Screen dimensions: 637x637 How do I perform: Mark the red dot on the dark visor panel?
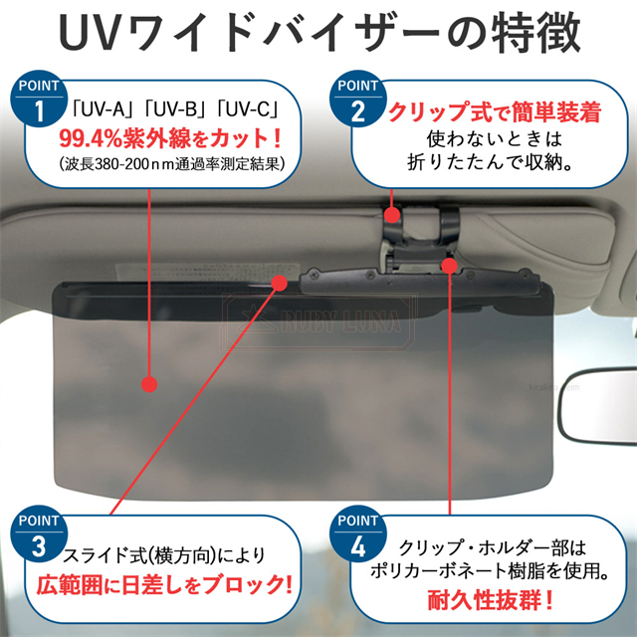(x=149, y=382)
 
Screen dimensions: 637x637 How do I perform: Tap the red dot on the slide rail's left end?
(x=281, y=283)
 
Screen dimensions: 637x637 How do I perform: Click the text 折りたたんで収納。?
(x=489, y=161)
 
